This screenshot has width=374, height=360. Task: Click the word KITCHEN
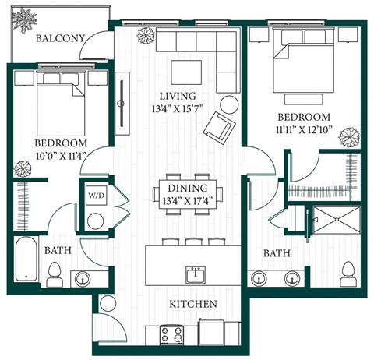point(195,303)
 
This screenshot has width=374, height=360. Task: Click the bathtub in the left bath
point(30,263)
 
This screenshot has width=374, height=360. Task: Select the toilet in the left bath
point(56,272)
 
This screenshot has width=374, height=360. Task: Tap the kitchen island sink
point(195,274)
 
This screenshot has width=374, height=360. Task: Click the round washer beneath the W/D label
point(96,219)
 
